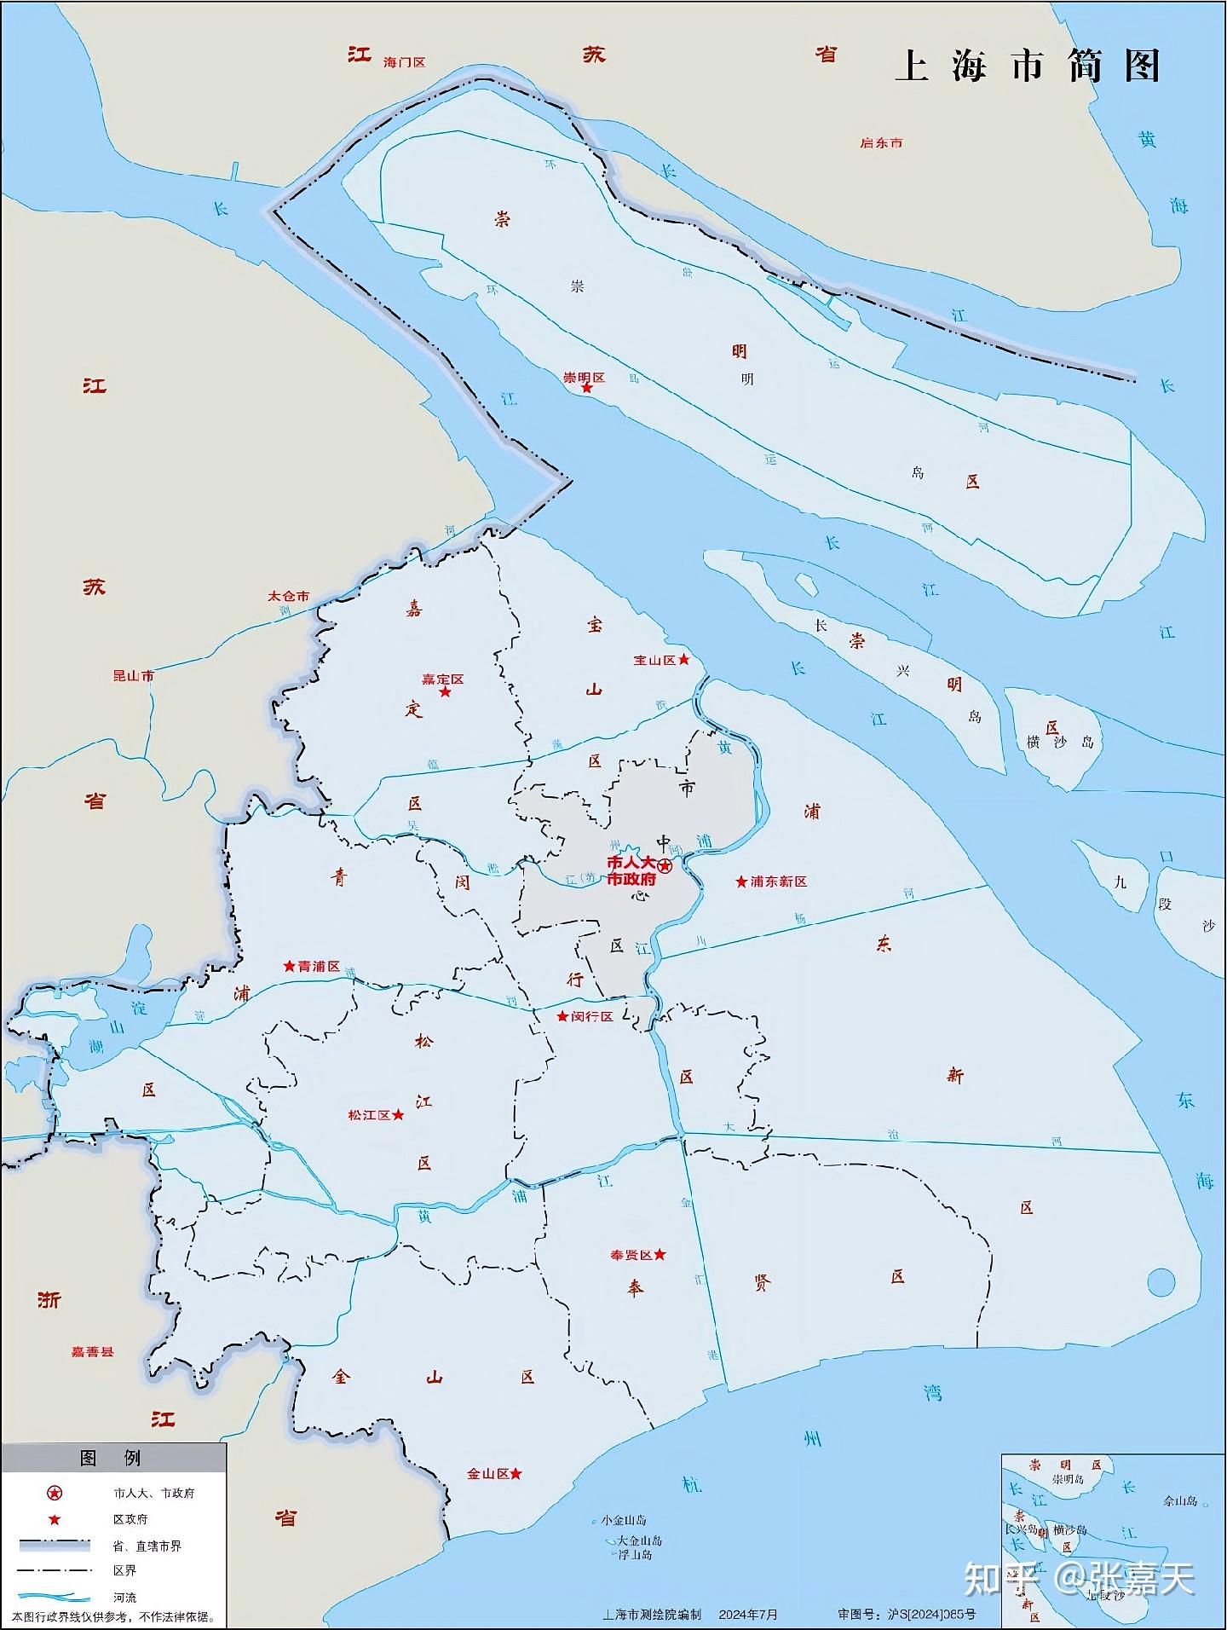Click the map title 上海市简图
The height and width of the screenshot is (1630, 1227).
(x=1028, y=66)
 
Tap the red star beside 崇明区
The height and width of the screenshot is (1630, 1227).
(x=587, y=388)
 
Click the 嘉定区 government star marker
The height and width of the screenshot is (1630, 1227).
(x=445, y=691)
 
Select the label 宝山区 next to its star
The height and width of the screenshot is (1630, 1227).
(x=654, y=661)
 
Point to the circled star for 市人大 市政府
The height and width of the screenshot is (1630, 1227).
(x=665, y=866)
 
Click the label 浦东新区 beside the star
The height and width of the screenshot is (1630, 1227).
(x=778, y=881)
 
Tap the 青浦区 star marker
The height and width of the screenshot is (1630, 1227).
(x=290, y=967)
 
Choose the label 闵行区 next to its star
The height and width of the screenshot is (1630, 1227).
(x=593, y=1017)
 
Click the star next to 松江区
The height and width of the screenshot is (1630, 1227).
(x=398, y=1115)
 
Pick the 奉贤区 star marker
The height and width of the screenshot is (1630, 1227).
(x=660, y=1255)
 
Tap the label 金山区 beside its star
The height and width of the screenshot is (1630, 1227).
(x=487, y=1474)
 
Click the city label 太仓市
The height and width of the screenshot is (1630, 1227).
(x=289, y=597)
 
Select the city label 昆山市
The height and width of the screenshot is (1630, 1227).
(x=134, y=676)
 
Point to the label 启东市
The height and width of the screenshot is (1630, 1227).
(x=881, y=143)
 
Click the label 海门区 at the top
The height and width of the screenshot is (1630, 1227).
(x=404, y=63)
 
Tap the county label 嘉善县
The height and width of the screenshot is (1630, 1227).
(x=92, y=1351)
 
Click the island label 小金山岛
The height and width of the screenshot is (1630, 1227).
(x=624, y=1520)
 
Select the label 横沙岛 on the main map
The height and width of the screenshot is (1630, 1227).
(x=1060, y=743)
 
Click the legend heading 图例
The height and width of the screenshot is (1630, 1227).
(x=110, y=1458)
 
